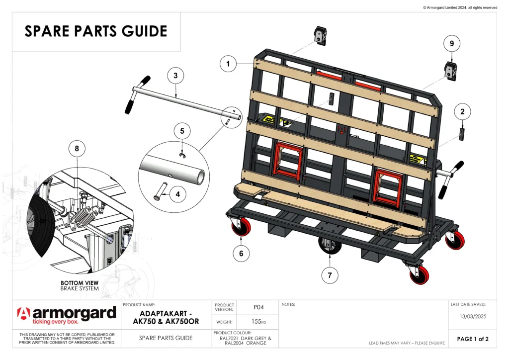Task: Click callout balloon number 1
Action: point(228,64)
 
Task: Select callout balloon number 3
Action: point(175,76)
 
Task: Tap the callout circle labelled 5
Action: point(182,131)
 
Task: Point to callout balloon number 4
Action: point(177,194)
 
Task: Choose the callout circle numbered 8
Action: point(77,148)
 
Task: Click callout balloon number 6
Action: point(241,253)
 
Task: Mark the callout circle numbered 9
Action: point(451,44)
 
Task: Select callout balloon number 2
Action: point(462,112)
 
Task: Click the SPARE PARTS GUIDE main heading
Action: point(96,31)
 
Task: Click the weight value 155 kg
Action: point(258,322)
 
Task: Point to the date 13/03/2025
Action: point(472,316)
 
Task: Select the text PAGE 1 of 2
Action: point(473,339)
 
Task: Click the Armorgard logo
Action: point(67,315)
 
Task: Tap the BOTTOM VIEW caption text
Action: point(79,282)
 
